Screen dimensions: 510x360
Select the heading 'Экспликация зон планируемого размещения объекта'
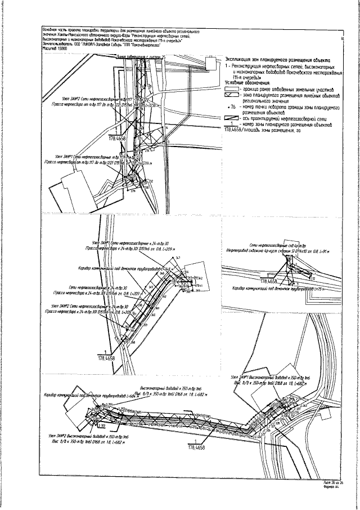tap(277, 59)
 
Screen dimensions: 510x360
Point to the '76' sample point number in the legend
tap(232, 106)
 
